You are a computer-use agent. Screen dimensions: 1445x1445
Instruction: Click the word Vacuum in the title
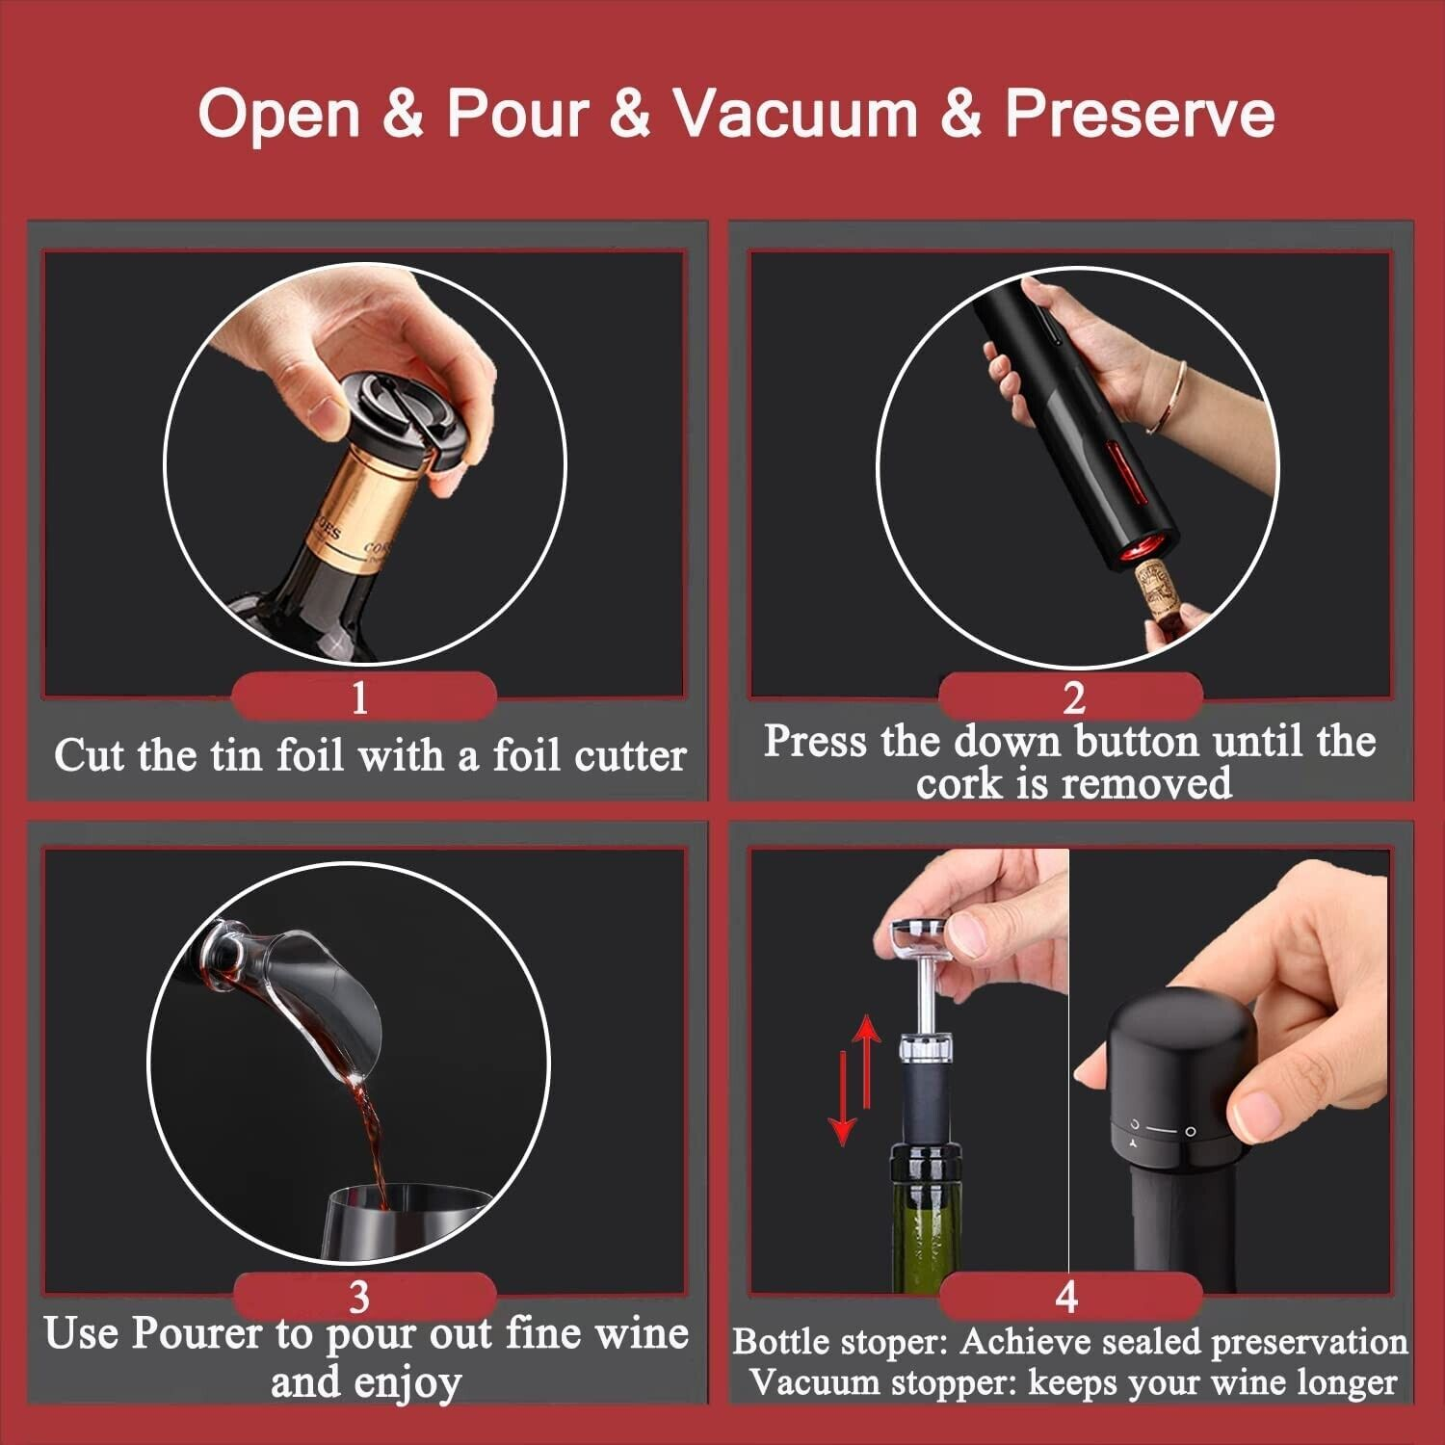point(796,113)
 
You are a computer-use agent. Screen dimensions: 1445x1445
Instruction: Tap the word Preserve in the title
point(1140,113)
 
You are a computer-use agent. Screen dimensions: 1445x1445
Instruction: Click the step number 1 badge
point(363,696)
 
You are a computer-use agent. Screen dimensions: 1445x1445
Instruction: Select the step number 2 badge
point(1071,696)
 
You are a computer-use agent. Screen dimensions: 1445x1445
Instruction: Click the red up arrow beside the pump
point(868,1062)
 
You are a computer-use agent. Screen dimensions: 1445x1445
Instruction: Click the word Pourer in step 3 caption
point(197,1335)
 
